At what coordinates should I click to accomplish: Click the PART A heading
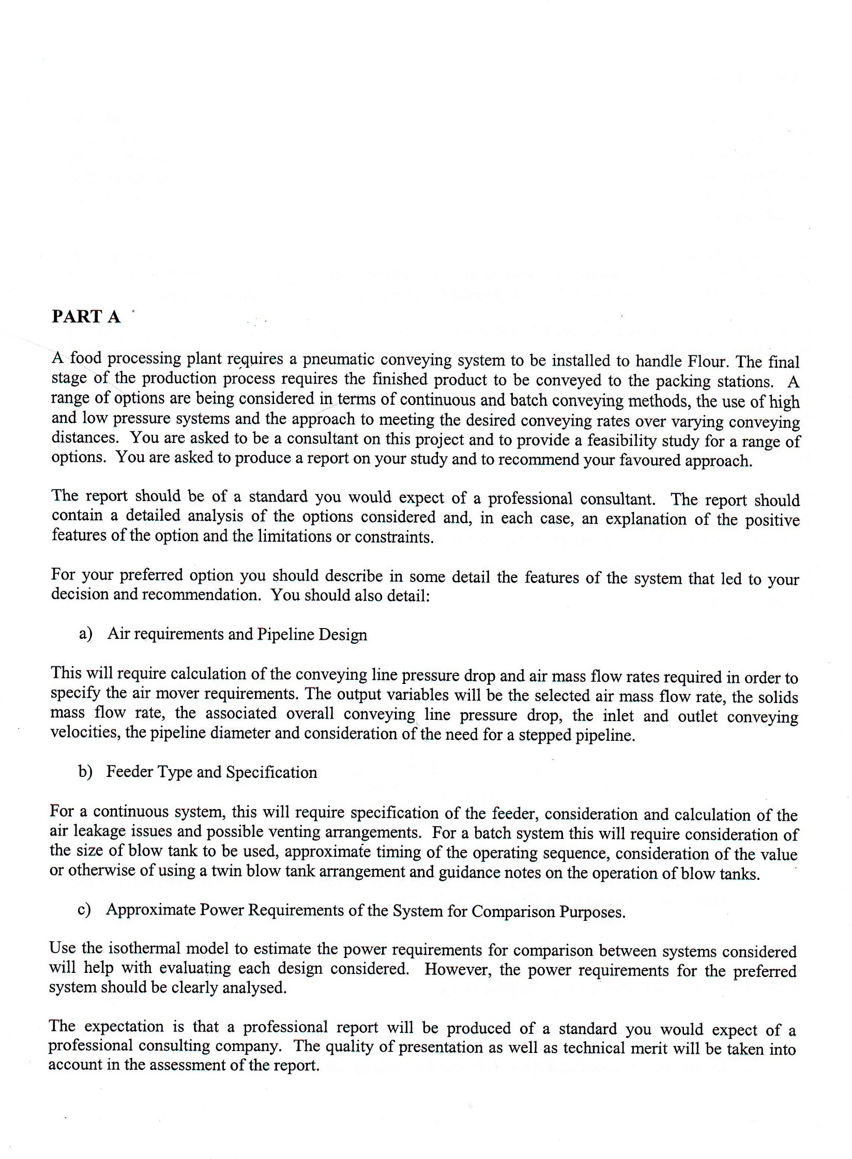click(x=86, y=316)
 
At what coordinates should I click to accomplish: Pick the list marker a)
click(x=85, y=634)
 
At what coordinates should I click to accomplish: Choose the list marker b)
click(x=85, y=772)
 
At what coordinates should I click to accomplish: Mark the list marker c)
click(x=84, y=910)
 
